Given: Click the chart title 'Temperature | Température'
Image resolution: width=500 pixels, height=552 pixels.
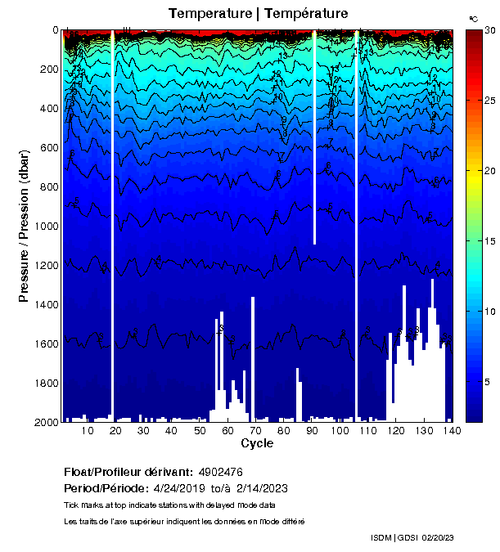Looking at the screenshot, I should pos(258,13).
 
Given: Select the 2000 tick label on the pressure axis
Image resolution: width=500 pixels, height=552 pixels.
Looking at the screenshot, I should pos(45,422).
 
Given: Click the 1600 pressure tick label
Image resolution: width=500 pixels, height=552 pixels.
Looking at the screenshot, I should pos(45,343).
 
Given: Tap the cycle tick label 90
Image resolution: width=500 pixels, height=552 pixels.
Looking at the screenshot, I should pos(312,431).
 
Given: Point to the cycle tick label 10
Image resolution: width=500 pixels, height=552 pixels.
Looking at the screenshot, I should pos(88,431).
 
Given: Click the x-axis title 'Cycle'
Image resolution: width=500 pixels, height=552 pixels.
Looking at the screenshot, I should pos(257,443).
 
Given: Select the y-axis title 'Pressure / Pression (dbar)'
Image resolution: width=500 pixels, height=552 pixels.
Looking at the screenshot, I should pos(24,227).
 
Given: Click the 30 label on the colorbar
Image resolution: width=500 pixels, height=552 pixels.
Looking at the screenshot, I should pos(490,30).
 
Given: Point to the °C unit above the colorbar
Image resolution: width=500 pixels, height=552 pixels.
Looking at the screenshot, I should pos(473,18).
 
